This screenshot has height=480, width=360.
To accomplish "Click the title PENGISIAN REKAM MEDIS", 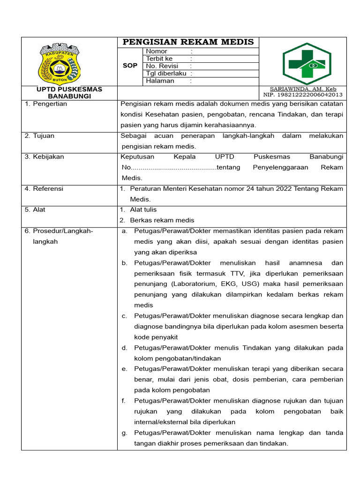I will tap(188, 42).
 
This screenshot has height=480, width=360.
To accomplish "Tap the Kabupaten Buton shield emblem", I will tap(60, 64).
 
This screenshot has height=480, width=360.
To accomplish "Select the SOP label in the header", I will tap(130, 66).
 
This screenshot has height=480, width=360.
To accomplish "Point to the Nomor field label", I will tap(157, 51).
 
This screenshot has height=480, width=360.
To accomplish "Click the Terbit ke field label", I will tap(159, 59).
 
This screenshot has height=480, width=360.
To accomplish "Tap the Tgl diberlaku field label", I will tap(166, 74).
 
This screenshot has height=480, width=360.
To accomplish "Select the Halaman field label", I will tap(160, 81).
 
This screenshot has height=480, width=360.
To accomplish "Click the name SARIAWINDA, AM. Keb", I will tap(303, 89).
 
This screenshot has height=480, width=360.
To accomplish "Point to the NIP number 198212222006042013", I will tap(303, 95).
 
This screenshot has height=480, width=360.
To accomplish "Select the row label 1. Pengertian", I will tap(46, 104).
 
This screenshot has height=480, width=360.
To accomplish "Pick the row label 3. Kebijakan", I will tap(44, 157).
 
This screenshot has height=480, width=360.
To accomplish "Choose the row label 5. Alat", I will tap(35, 210).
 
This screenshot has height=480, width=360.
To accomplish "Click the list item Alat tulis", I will tap(143, 210).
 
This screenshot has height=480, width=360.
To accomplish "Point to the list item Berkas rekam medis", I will tap(162, 220).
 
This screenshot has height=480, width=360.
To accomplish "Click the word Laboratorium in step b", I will tap(195, 284).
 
